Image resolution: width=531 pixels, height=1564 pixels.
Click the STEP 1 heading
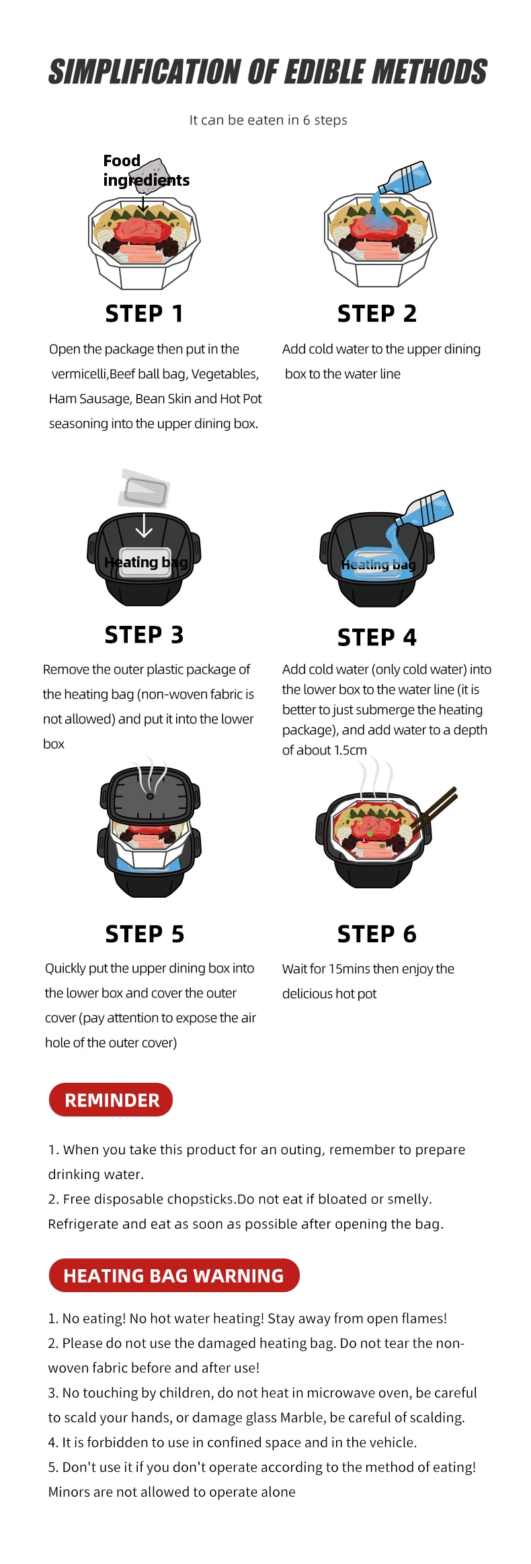[144, 314]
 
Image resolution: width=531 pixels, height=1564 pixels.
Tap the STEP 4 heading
[377, 637]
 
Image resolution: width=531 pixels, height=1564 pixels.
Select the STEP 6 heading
[377, 934]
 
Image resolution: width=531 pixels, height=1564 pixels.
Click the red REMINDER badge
[111, 1100]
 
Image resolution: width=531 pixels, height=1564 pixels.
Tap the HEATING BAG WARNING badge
[174, 1275]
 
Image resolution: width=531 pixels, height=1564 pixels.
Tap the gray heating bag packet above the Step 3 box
[144, 489]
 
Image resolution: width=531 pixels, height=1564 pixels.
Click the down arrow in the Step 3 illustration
[144, 525]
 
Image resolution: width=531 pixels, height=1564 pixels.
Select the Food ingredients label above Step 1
[146, 170]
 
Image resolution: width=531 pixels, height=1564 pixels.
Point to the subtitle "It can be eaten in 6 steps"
[268, 120]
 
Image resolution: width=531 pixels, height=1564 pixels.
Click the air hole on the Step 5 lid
[150, 796]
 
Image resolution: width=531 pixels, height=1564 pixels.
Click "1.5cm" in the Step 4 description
[350, 750]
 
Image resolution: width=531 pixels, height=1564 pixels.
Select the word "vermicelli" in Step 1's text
[80, 374]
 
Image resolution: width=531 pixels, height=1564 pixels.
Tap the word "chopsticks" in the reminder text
[201, 1200]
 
